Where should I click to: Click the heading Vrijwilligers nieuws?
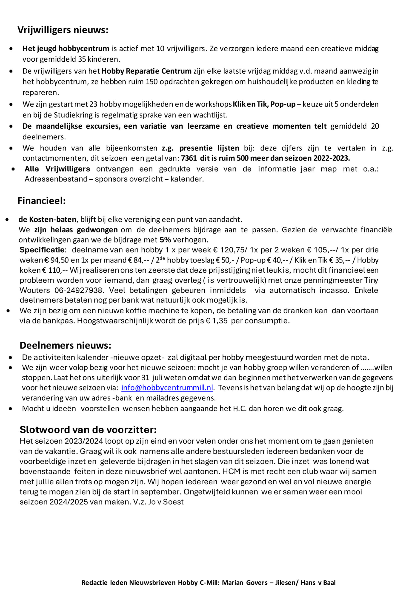[x=63, y=30]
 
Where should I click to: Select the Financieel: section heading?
[x=41, y=201]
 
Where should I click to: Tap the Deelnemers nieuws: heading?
[x=65, y=345]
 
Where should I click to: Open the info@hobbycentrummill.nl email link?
[x=167, y=388]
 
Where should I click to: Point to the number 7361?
[x=189, y=158]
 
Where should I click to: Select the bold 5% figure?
[x=165, y=240]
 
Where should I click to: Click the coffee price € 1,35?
[x=217, y=321]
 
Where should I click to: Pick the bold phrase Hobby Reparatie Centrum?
[x=146, y=71]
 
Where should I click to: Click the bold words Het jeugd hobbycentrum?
[x=66, y=49]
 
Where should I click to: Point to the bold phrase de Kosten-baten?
[x=47, y=219]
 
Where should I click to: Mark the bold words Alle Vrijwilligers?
[x=57, y=169]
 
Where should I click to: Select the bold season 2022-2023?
[x=332, y=158]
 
